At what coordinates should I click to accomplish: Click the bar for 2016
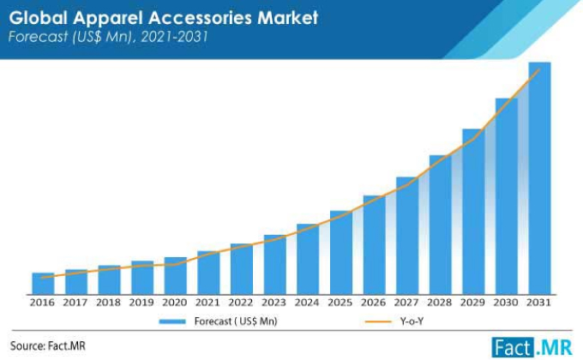click(x=43, y=284)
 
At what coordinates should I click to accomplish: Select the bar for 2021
click(x=208, y=273)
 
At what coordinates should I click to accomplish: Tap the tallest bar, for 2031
click(x=539, y=178)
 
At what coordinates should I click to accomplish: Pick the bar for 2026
click(x=374, y=244)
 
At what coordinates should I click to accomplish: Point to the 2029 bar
click(x=473, y=212)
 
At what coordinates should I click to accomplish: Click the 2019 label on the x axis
click(x=141, y=303)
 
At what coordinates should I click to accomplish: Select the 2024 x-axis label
click(x=307, y=303)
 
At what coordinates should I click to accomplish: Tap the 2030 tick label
click(x=506, y=303)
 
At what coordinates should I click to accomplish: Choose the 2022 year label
click(x=241, y=303)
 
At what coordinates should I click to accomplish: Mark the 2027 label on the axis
click(x=406, y=303)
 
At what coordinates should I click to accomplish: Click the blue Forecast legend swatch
click(x=172, y=321)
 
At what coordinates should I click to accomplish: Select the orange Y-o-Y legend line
click(x=378, y=321)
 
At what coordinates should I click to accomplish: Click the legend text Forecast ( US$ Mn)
click(x=236, y=321)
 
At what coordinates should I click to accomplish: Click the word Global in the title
click(x=38, y=17)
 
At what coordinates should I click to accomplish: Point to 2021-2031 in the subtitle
click(x=174, y=37)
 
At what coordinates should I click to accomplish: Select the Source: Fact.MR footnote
click(x=48, y=346)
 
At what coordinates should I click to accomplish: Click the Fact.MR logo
click(x=532, y=347)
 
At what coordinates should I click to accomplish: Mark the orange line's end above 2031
click(x=539, y=69)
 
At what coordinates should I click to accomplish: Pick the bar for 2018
click(x=110, y=279)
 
